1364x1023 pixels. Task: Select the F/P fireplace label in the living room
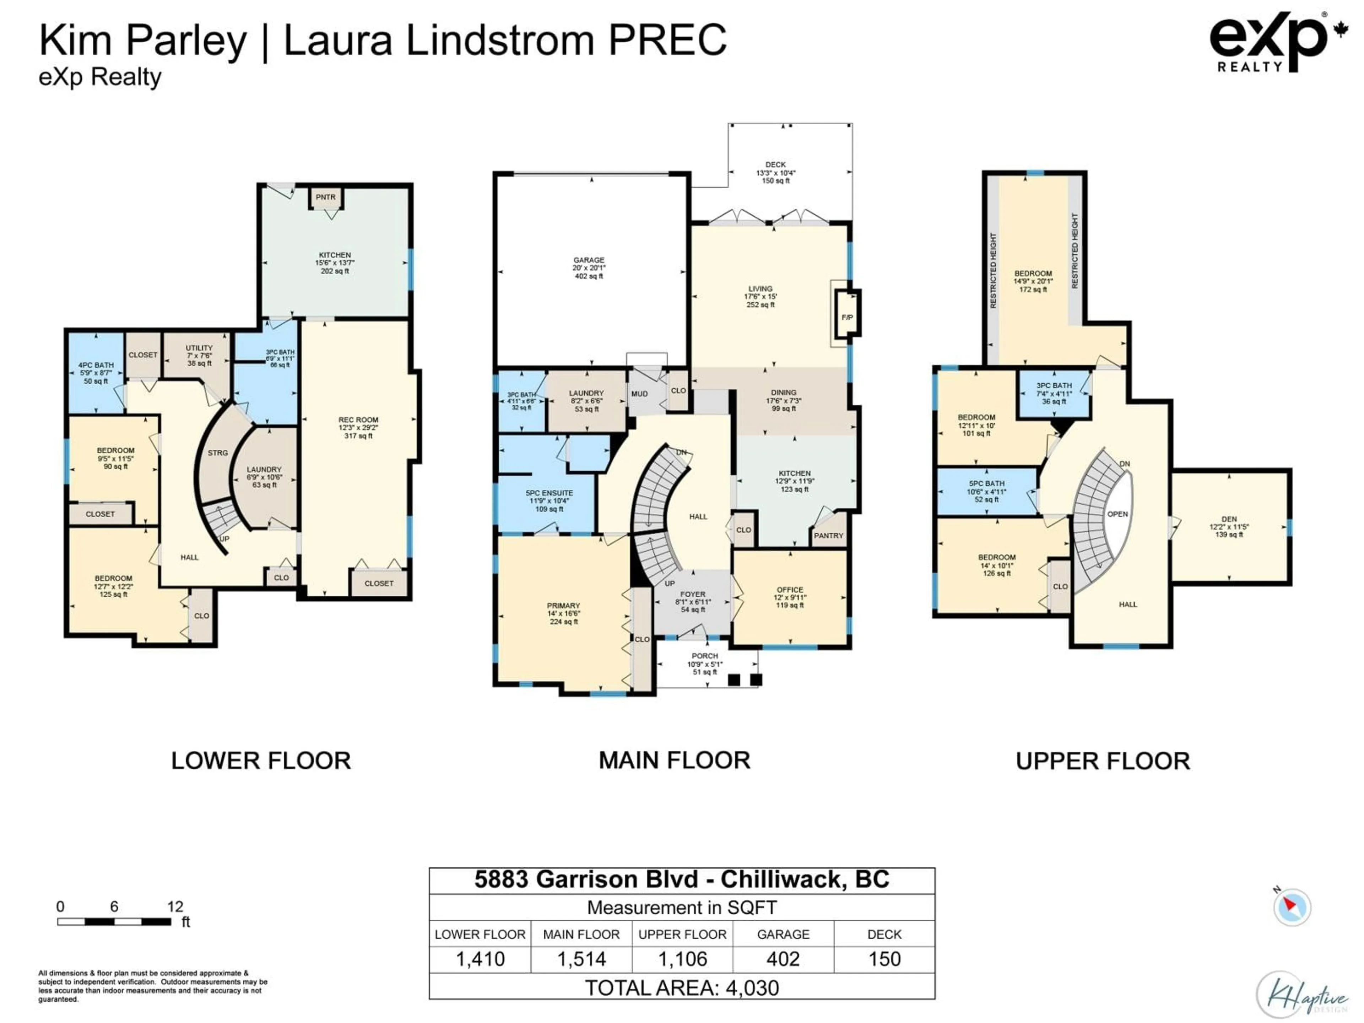coord(847,318)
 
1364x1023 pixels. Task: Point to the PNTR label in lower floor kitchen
coord(326,197)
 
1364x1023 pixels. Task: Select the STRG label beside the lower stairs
coord(218,453)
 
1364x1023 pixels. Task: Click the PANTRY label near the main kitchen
coord(828,535)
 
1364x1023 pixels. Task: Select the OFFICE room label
coord(790,590)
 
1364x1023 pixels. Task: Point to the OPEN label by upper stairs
coord(1117,514)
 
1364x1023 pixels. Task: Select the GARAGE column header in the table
coord(783,934)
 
